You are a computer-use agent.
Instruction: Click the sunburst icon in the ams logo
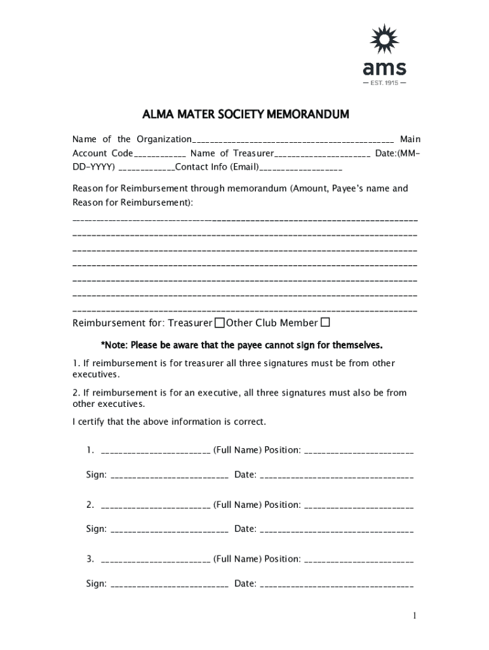[x=384, y=40]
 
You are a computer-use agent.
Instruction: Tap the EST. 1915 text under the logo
[x=384, y=83]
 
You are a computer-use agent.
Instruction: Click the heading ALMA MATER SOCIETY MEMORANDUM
[x=245, y=115]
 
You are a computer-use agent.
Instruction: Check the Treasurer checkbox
[x=220, y=323]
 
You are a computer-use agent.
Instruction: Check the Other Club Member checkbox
[x=325, y=322]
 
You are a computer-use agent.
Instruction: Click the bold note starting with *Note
[x=242, y=346]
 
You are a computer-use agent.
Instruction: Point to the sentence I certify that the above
[x=170, y=421]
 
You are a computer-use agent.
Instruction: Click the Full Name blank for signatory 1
[x=156, y=451]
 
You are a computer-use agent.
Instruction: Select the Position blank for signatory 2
[x=359, y=506]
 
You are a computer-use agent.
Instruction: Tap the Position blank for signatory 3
[x=359, y=560]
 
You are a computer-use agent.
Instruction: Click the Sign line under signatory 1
[x=170, y=475]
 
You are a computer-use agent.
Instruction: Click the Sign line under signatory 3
[x=170, y=585]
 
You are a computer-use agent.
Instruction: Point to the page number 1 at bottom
[x=414, y=616]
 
